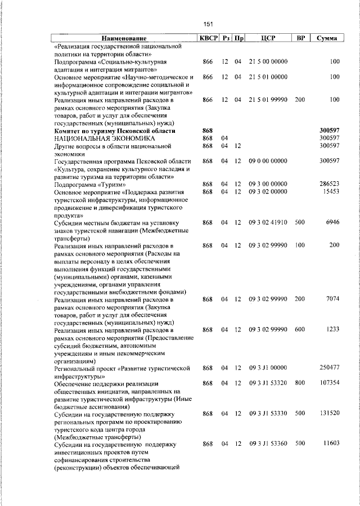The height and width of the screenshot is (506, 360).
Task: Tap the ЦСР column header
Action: (x=267, y=38)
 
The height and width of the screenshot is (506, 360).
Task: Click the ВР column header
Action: (x=300, y=38)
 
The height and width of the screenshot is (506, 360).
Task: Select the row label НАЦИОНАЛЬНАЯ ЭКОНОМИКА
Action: (x=96, y=138)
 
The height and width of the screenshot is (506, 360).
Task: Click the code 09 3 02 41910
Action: (x=268, y=223)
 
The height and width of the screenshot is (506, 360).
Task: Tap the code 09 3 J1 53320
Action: (x=268, y=383)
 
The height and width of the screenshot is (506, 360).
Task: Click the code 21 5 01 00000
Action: (x=268, y=77)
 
